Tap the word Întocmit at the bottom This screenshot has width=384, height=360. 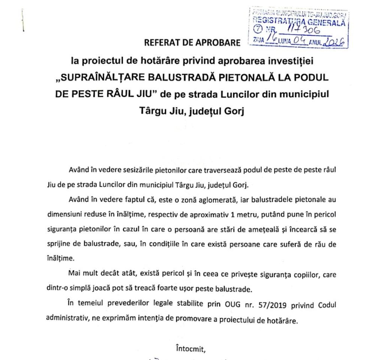click(190, 349)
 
